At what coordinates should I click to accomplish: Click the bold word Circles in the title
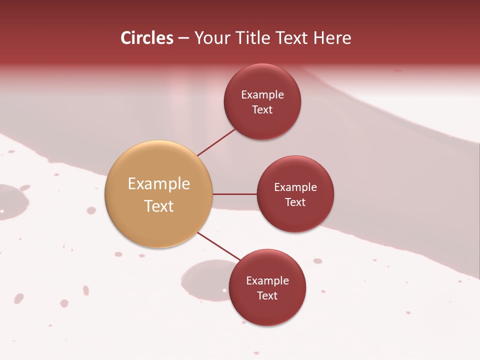pyautogui.click(x=147, y=38)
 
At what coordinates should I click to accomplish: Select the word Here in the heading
pyautogui.click(x=332, y=38)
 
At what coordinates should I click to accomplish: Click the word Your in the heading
pyautogui.click(x=212, y=38)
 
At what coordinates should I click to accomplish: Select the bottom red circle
pyautogui.click(x=267, y=310)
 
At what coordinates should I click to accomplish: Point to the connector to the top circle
pyautogui.click(x=216, y=142)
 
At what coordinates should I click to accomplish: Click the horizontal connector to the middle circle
pyautogui.click(x=235, y=194)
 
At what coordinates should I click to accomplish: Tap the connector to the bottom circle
pyautogui.click(x=218, y=246)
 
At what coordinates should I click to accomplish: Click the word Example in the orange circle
pyautogui.click(x=159, y=184)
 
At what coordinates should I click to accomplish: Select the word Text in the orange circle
pyautogui.click(x=159, y=206)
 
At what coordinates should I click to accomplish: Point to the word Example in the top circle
pyautogui.click(x=262, y=95)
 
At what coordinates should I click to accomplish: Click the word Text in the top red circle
pyautogui.click(x=262, y=110)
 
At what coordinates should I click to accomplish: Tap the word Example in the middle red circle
pyautogui.click(x=295, y=187)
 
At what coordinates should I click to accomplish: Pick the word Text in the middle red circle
pyautogui.click(x=295, y=202)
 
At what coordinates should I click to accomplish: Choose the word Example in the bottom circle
pyautogui.click(x=267, y=281)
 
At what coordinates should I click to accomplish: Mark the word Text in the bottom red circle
pyautogui.click(x=267, y=296)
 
